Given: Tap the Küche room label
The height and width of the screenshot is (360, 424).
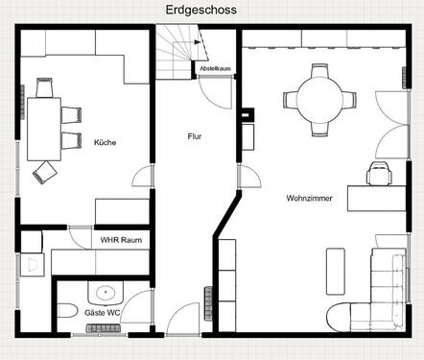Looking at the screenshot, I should tap(105, 143).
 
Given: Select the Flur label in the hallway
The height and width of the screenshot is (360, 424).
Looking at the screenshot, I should tap(195, 137).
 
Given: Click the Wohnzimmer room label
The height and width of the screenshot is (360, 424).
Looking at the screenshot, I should tap(309, 199).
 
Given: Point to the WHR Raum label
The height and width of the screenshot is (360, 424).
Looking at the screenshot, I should tap(121, 239).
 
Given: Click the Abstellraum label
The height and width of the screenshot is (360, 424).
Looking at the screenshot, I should tap(215, 70).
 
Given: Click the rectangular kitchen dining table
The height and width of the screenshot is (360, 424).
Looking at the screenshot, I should tap(43, 128).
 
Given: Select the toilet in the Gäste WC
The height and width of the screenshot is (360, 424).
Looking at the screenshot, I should tap(66, 311).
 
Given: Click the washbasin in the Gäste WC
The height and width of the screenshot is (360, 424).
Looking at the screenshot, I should tap(105, 291).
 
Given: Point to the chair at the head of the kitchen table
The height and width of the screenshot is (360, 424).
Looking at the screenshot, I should tap(43, 87).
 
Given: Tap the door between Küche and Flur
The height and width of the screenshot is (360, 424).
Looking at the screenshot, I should tap(143, 177).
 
